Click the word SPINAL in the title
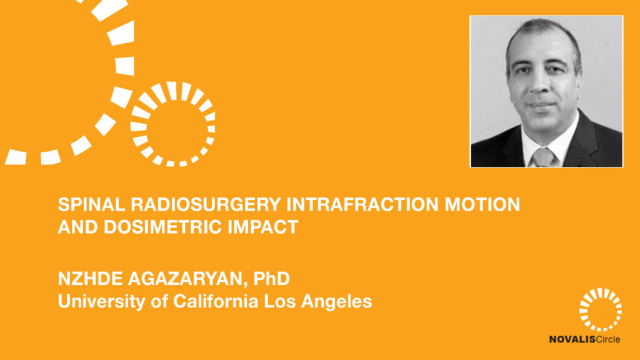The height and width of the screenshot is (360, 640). click(x=91, y=204)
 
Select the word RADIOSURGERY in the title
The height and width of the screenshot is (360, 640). click(x=206, y=204)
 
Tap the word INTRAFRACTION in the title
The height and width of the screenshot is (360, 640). click(x=362, y=204)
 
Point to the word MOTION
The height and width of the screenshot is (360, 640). click(x=482, y=204)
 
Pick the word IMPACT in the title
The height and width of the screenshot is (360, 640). click(x=263, y=227)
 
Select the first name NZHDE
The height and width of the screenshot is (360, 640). click(x=90, y=279)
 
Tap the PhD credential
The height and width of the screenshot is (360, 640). click(x=271, y=279)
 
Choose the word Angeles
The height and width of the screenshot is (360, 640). click(x=336, y=302)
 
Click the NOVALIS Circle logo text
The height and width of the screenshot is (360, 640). click(x=584, y=339)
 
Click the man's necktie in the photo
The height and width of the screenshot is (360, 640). click(x=543, y=157)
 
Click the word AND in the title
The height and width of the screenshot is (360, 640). click(x=78, y=227)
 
